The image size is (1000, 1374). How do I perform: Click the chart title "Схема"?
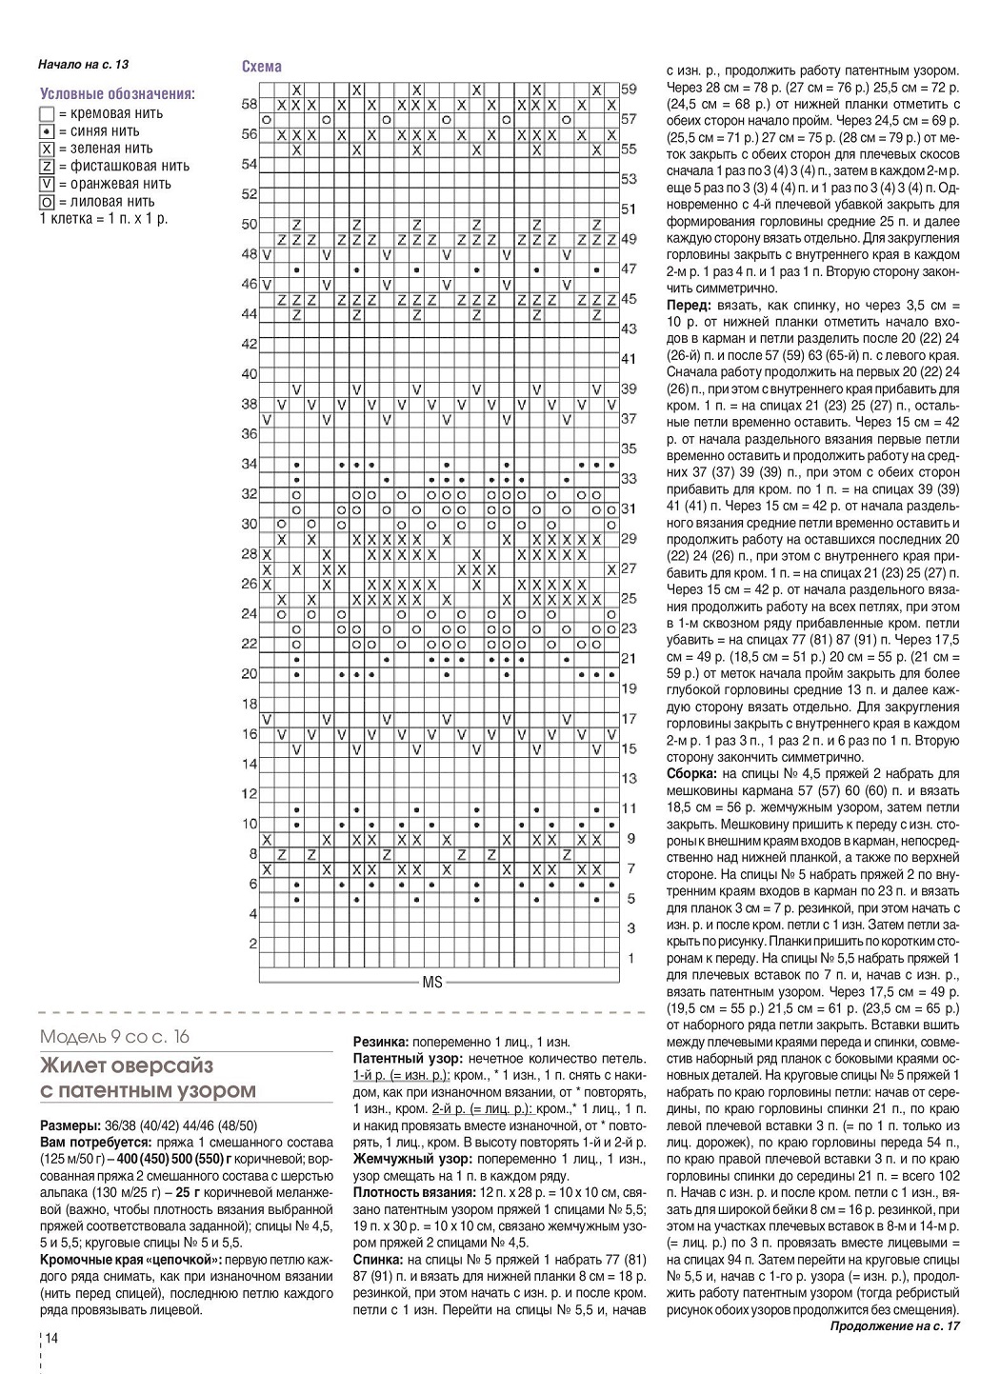click(x=262, y=67)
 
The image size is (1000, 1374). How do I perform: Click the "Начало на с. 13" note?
click(x=83, y=65)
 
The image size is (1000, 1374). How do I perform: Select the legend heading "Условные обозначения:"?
click(x=118, y=94)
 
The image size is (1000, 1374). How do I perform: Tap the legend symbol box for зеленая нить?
click(x=47, y=149)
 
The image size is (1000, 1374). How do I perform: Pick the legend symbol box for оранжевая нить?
click(x=47, y=184)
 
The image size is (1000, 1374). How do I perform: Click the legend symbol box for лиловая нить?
click(x=47, y=202)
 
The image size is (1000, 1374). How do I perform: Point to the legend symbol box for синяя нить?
click(x=47, y=131)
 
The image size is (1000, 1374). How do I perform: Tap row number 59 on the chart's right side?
click(x=629, y=89)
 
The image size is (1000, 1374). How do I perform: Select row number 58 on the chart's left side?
click(x=250, y=104)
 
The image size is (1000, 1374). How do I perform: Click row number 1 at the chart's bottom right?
click(x=630, y=958)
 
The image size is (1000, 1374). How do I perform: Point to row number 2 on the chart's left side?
click(x=252, y=944)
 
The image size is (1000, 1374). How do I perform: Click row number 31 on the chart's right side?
click(x=629, y=509)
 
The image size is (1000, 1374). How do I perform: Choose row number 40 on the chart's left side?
click(x=250, y=374)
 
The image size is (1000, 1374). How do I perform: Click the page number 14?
click(x=51, y=1338)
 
